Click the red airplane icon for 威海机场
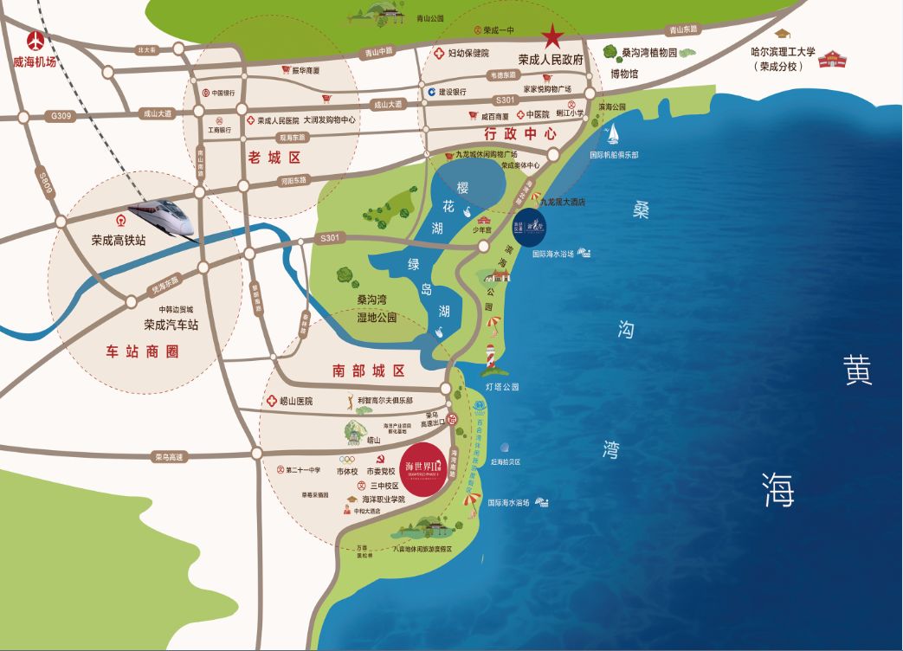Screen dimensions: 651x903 pos(35,41)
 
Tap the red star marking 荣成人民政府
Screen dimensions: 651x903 pos(551,36)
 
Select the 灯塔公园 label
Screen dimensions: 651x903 pos(502,386)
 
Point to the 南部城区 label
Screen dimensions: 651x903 pos(368,371)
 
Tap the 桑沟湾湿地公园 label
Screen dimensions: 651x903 pos(377,308)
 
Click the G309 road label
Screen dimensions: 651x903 pos(63,114)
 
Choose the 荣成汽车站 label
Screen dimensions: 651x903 pos(171,325)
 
